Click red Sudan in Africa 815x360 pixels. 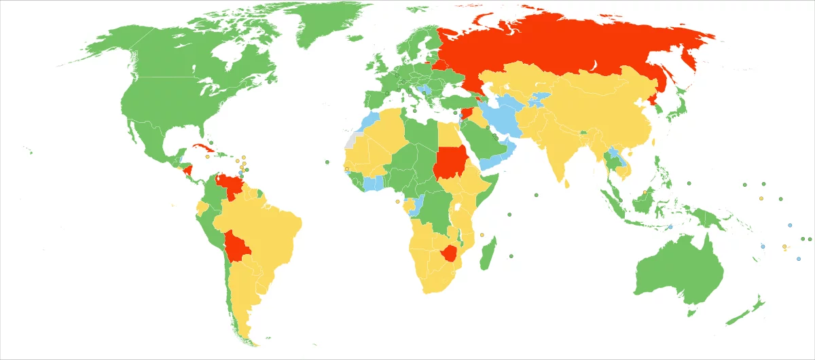(448, 162)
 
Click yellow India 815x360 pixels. (557, 149)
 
